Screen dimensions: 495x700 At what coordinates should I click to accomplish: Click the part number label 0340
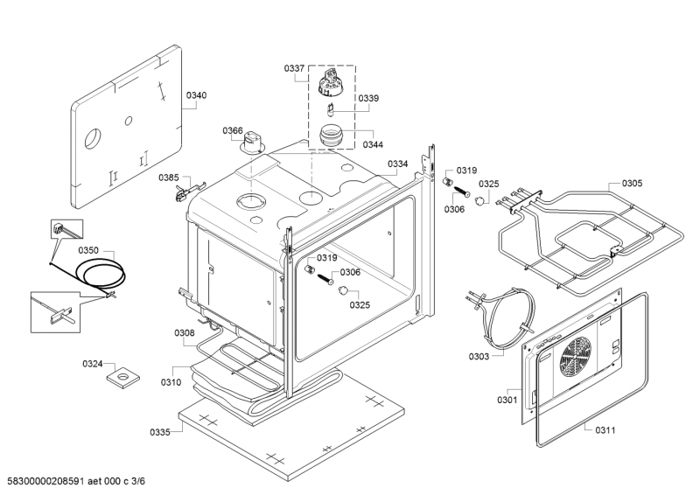(197, 94)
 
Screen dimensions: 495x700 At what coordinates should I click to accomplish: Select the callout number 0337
(294, 67)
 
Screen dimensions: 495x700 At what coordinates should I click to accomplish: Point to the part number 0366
(232, 131)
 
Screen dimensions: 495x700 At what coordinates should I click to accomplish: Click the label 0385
(168, 178)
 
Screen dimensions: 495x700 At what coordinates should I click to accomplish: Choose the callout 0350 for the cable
(88, 251)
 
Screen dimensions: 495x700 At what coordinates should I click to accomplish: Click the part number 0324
(93, 363)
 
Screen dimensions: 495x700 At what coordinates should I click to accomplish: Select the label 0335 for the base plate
(159, 432)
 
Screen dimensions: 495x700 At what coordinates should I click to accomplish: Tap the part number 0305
(632, 183)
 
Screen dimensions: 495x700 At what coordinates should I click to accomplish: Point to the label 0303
(479, 357)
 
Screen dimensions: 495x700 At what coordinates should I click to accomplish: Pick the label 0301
(507, 401)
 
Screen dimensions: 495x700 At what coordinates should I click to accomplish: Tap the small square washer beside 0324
(123, 378)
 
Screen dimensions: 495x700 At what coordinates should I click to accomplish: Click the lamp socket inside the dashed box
(331, 85)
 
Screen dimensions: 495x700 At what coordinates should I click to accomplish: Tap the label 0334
(398, 164)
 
